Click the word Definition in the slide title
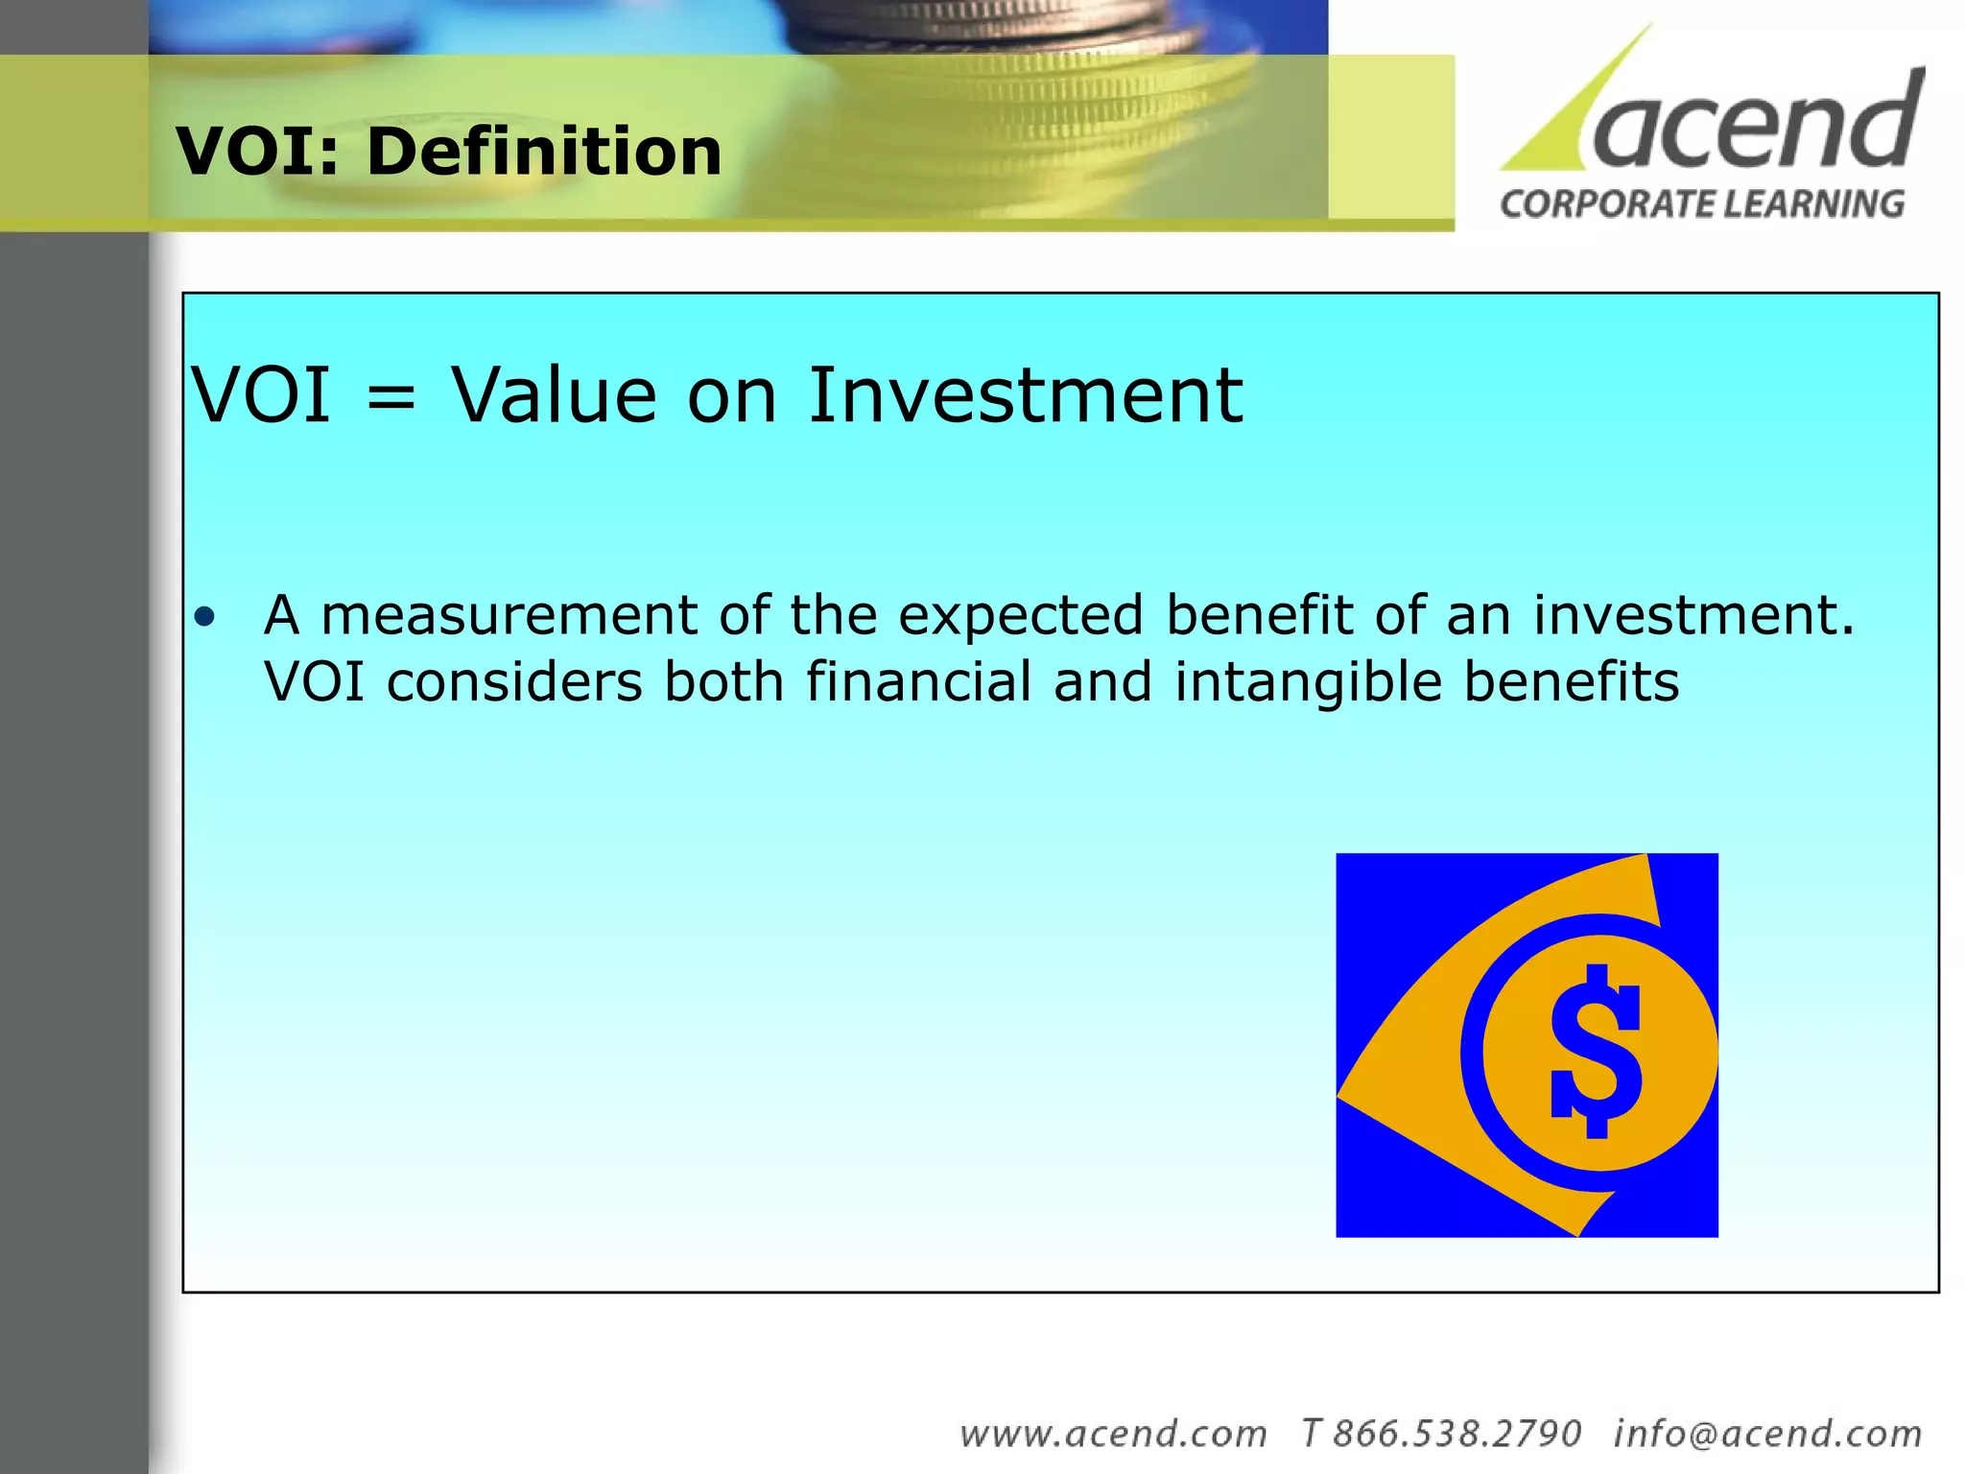544,152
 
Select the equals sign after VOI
391,396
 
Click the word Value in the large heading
555,394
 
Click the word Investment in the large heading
1025,394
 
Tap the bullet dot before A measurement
203,616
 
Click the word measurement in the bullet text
509,615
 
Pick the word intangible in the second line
1309,683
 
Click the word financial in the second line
918,681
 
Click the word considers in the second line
514,682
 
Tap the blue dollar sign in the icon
1596,1051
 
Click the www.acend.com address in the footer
1113,1434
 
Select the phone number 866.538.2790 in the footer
1456,1434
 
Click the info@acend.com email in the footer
1767,1434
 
